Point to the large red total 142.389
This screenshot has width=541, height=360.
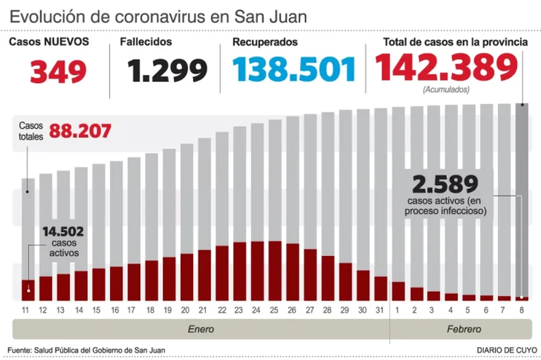pos(446,68)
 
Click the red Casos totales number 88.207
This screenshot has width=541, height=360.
pos(81,130)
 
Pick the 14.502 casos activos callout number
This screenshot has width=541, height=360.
pos(64,232)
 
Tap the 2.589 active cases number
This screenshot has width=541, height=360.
pos(445,184)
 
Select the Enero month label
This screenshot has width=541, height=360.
pos(201,329)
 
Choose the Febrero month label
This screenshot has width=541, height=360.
pos(464,329)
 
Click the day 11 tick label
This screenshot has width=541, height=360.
pos(25,310)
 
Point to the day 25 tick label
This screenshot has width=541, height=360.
pos(275,310)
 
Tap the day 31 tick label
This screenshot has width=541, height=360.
pos(381,310)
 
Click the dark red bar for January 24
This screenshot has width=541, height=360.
pos(258,271)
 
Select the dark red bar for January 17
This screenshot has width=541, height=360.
pos(134,282)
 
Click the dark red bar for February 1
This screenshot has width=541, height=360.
pos(399,291)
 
